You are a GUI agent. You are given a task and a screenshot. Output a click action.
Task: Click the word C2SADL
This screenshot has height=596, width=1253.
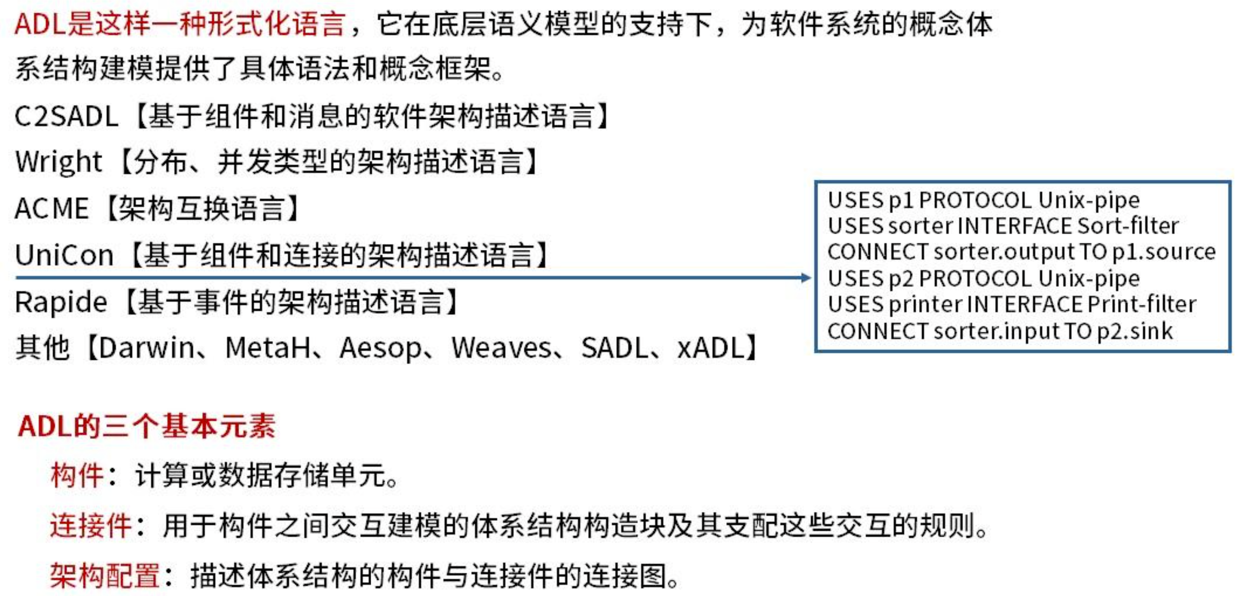[66, 117]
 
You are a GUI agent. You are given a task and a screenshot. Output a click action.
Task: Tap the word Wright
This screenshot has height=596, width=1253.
[58, 162]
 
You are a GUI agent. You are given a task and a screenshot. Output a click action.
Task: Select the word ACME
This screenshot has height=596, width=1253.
[52, 209]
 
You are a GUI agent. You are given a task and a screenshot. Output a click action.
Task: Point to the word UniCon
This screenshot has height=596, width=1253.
[64, 255]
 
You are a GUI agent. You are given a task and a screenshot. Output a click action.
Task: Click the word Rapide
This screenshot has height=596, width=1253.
[61, 302]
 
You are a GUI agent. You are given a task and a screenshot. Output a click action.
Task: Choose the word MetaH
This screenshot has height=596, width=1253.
[268, 348]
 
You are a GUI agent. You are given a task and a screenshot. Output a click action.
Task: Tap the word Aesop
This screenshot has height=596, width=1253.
[381, 348]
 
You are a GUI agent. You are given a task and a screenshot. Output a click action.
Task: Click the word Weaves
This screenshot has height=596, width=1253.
[501, 348]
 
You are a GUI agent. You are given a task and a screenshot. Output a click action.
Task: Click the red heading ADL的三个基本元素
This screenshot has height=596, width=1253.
[146, 426]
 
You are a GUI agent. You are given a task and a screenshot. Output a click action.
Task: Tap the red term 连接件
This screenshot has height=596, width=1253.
[90, 525]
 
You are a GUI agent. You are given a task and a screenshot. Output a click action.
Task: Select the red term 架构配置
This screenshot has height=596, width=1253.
[105, 575]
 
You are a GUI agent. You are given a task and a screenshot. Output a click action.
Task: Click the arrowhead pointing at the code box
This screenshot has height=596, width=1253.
[806, 278]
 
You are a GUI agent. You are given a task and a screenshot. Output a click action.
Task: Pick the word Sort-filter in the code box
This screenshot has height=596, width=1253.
[1128, 226]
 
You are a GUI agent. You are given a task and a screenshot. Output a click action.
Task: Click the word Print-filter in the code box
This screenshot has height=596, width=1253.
[1142, 304]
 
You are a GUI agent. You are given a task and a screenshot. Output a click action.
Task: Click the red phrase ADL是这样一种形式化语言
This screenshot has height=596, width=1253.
[180, 24]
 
